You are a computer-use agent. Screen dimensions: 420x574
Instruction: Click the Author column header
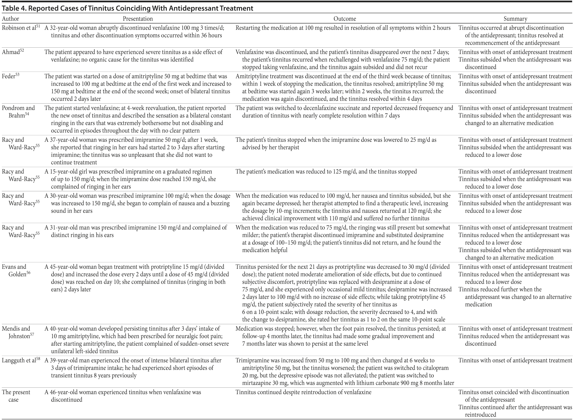tap(10, 19)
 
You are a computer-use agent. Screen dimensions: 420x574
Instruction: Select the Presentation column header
tap(138, 19)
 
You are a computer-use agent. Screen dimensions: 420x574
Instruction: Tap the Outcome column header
tap(345, 19)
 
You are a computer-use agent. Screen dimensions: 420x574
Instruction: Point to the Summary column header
tap(515, 19)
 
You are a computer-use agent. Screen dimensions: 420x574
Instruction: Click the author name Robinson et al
tap(19, 28)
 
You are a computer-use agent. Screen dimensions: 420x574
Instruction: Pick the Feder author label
tap(9, 76)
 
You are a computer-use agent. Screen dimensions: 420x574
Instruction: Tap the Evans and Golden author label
tap(16, 271)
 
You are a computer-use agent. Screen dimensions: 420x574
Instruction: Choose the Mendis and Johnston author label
tap(17, 332)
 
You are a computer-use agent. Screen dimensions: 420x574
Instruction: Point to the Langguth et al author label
tap(19, 360)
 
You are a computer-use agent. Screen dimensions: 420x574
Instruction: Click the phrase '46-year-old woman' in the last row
tap(74, 392)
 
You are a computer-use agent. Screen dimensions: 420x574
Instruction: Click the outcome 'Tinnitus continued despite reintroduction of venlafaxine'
tap(303, 392)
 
